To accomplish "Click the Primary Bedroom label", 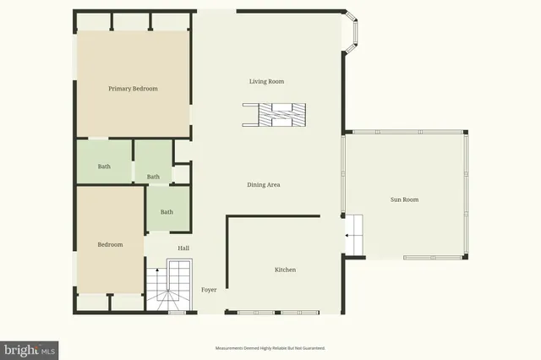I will coord(133,89).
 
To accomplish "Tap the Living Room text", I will coord(266,82).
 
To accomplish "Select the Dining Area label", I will coord(264,185).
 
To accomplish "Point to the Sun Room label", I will coord(404,200).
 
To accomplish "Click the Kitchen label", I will coord(285,270).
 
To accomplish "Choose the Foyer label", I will coord(209,290).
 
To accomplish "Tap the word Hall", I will coord(183,248).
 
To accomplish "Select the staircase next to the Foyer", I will coord(169,287).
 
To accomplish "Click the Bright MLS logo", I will coord(30,350).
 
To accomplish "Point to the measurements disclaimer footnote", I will coord(270,348).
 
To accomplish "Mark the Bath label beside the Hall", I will coord(167,212).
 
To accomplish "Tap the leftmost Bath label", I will coord(104,166).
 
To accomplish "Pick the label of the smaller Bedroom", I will coord(110,245).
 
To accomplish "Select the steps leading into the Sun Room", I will coord(354,232).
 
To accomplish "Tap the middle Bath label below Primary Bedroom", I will coord(153,177).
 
